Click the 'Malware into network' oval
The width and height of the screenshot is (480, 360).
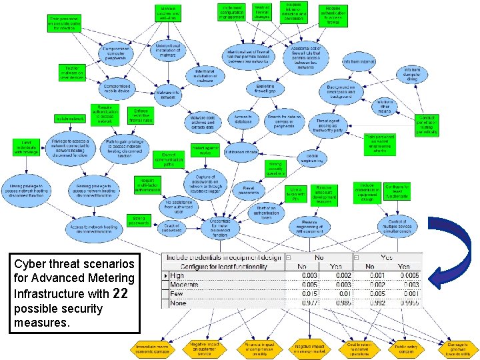(168, 94)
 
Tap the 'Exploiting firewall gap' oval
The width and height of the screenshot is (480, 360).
(265, 89)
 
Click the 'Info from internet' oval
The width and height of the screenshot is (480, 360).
(359, 62)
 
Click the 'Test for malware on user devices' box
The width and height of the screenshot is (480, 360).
(73, 72)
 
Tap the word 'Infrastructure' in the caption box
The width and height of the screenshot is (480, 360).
(43, 293)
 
